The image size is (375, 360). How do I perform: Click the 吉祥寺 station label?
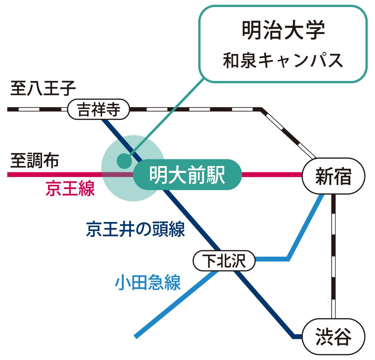98,109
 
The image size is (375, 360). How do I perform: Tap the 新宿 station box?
333,176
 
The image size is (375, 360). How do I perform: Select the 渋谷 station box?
333,337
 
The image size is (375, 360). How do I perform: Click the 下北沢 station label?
224,261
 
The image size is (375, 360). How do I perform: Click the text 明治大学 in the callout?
283,31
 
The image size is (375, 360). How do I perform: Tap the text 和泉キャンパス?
283,60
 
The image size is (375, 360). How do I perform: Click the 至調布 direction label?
35,160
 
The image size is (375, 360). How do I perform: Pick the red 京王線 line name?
70,188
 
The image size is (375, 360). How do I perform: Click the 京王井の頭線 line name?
135,229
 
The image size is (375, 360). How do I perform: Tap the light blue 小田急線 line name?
147,283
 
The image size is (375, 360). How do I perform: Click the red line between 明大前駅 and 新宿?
272,174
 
